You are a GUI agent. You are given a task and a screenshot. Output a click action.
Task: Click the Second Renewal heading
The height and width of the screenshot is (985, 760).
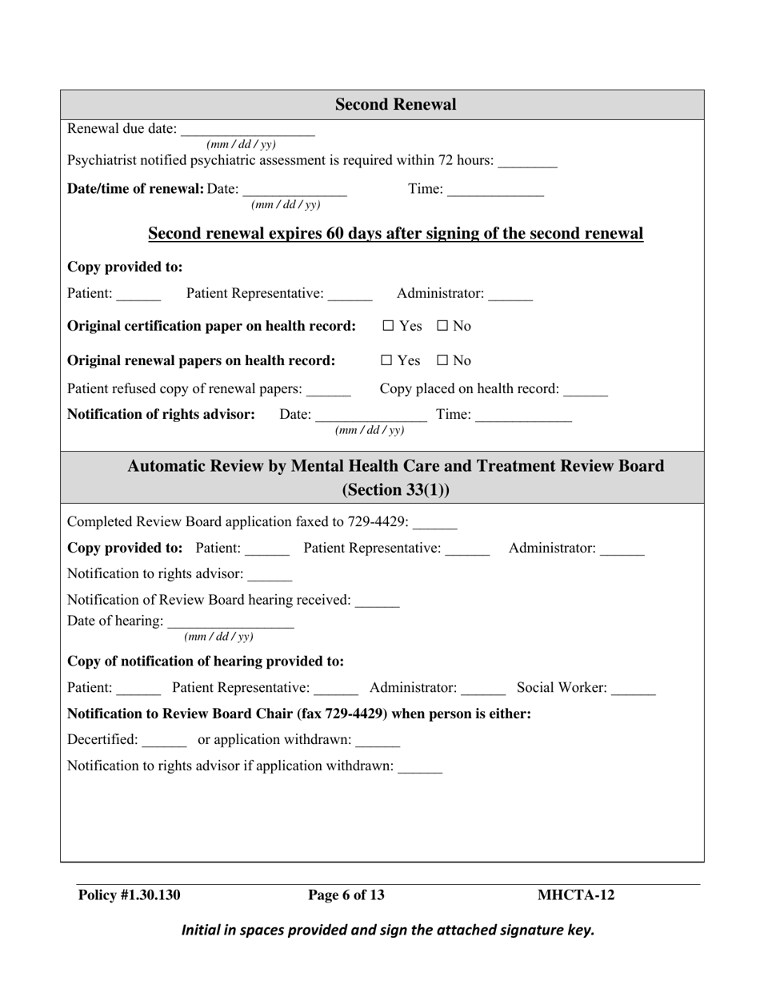[395, 105]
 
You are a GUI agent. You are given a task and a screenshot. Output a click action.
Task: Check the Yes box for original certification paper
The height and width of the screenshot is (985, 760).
[388, 327]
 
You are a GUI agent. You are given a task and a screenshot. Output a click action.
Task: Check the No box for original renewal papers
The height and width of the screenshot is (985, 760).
[442, 361]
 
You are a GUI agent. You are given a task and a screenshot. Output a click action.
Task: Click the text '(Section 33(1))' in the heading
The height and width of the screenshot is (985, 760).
[395, 490]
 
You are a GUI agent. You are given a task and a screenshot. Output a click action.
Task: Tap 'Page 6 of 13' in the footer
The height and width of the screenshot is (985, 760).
[346, 895]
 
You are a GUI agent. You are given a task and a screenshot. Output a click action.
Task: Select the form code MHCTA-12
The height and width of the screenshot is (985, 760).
[576, 895]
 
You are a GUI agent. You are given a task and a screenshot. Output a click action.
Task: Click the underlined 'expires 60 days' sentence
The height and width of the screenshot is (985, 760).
[395, 234]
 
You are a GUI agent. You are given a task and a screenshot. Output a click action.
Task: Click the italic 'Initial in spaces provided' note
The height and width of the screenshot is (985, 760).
[388, 931]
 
